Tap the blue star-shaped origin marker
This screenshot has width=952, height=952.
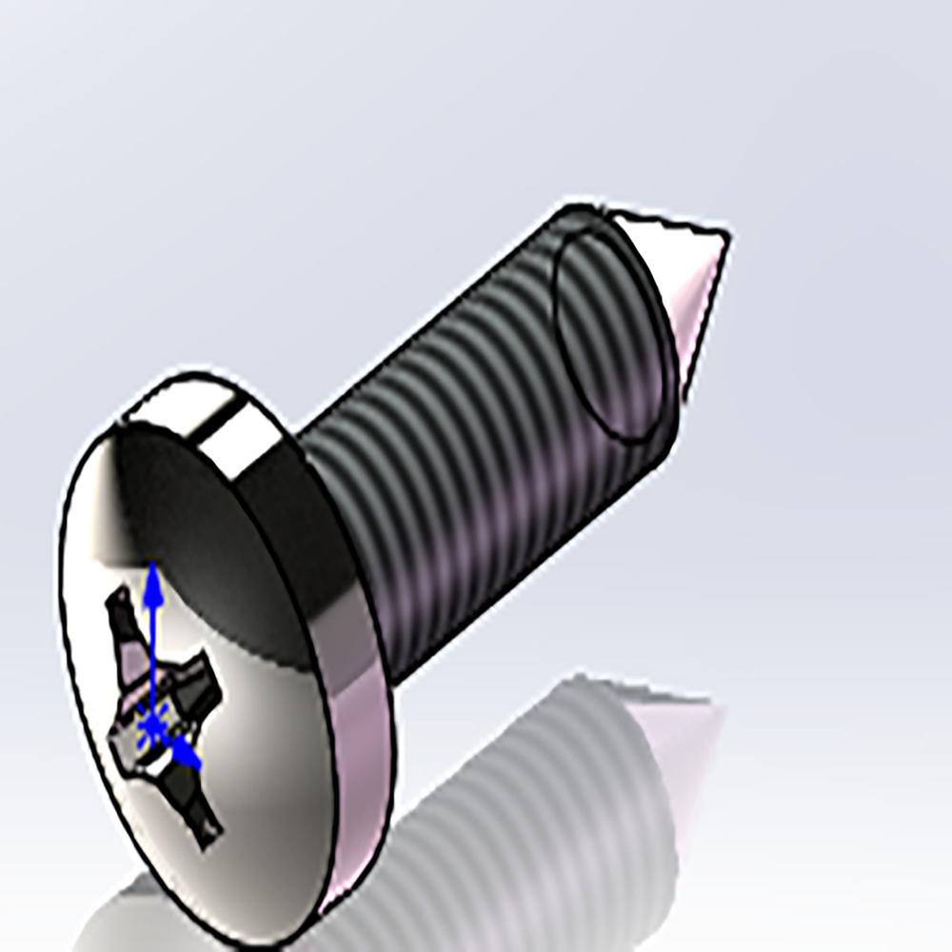point(151,729)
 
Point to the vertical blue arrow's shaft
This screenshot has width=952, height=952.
point(153,647)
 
